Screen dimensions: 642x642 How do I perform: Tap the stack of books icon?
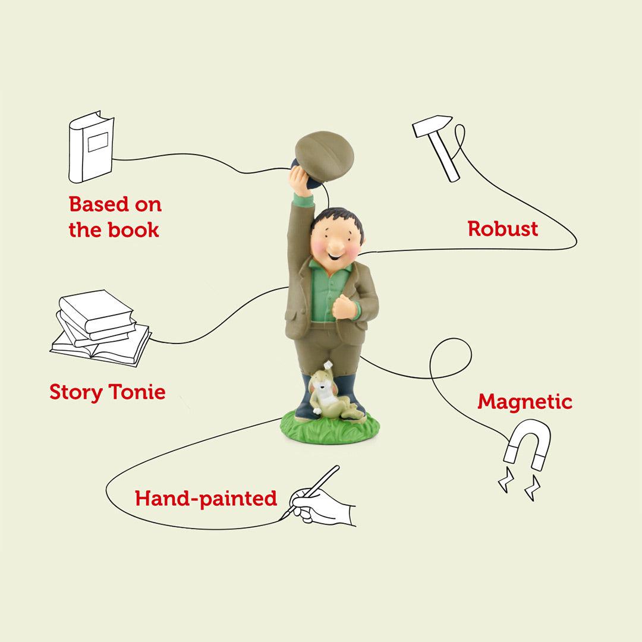click(x=99, y=328)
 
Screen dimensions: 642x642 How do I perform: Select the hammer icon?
click(x=437, y=145)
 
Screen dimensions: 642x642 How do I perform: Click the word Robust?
click(x=502, y=229)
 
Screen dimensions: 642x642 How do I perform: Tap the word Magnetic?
click(x=524, y=402)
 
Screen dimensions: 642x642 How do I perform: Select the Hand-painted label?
click(x=206, y=498)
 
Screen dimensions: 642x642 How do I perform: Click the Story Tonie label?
click(x=108, y=392)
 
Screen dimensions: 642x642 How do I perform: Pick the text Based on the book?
click(x=115, y=217)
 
